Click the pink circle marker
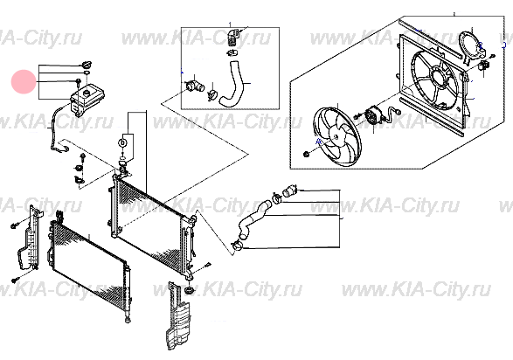[24, 82]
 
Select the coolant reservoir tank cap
[87, 63]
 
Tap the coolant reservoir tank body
[87, 97]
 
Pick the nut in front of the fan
[307, 154]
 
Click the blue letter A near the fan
[318, 142]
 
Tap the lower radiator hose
[253, 219]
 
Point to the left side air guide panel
[30, 239]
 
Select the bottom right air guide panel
[177, 315]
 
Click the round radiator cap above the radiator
[122, 142]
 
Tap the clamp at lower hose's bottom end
[236, 245]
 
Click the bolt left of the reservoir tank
[79, 81]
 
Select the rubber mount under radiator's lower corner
[189, 290]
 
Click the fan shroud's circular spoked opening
[434, 78]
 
